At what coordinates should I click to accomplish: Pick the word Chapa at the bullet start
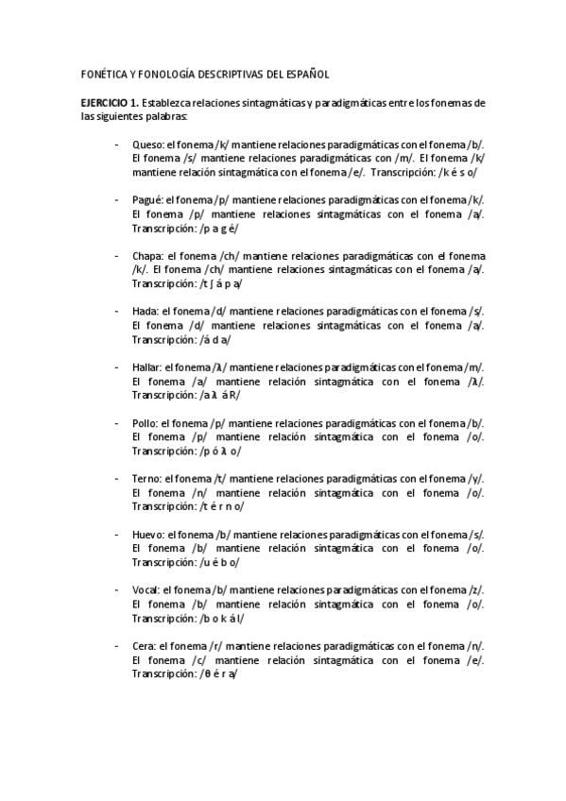coord(147,256)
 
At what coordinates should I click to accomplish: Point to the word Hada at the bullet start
coord(146,311)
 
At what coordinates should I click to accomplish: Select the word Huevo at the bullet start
coord(148,534)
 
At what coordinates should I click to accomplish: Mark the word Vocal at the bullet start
coord(146,589)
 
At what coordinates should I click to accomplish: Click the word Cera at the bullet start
coord(144,645)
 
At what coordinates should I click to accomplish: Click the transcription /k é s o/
coord(457,173)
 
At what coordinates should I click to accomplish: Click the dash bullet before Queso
coord(116,145)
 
